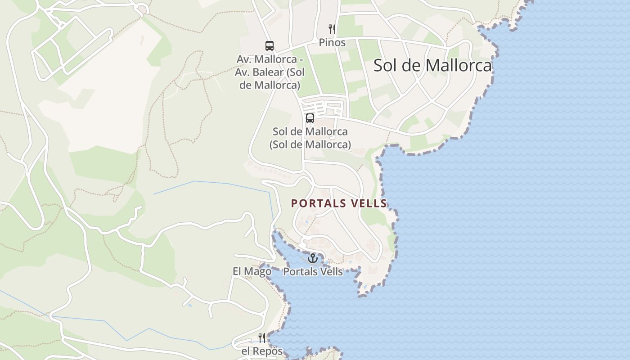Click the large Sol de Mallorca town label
[x=432, y=66]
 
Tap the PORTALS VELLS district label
[x=339, y=203]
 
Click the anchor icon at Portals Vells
[x=312, y=258]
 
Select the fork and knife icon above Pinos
[x=332, y=29]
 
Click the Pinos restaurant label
[x=332, y=43]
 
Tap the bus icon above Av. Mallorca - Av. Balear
[x=269, y=46]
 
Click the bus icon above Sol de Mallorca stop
[x=310, y=118]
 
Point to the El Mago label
[x=252, y=271]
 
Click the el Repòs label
[x=262, y=351]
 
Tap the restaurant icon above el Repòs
[x=262, y=337]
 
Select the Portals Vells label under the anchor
[x=313, y=272]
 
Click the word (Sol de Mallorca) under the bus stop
[x=310, y=144]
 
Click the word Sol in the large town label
[x=385, y=66]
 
